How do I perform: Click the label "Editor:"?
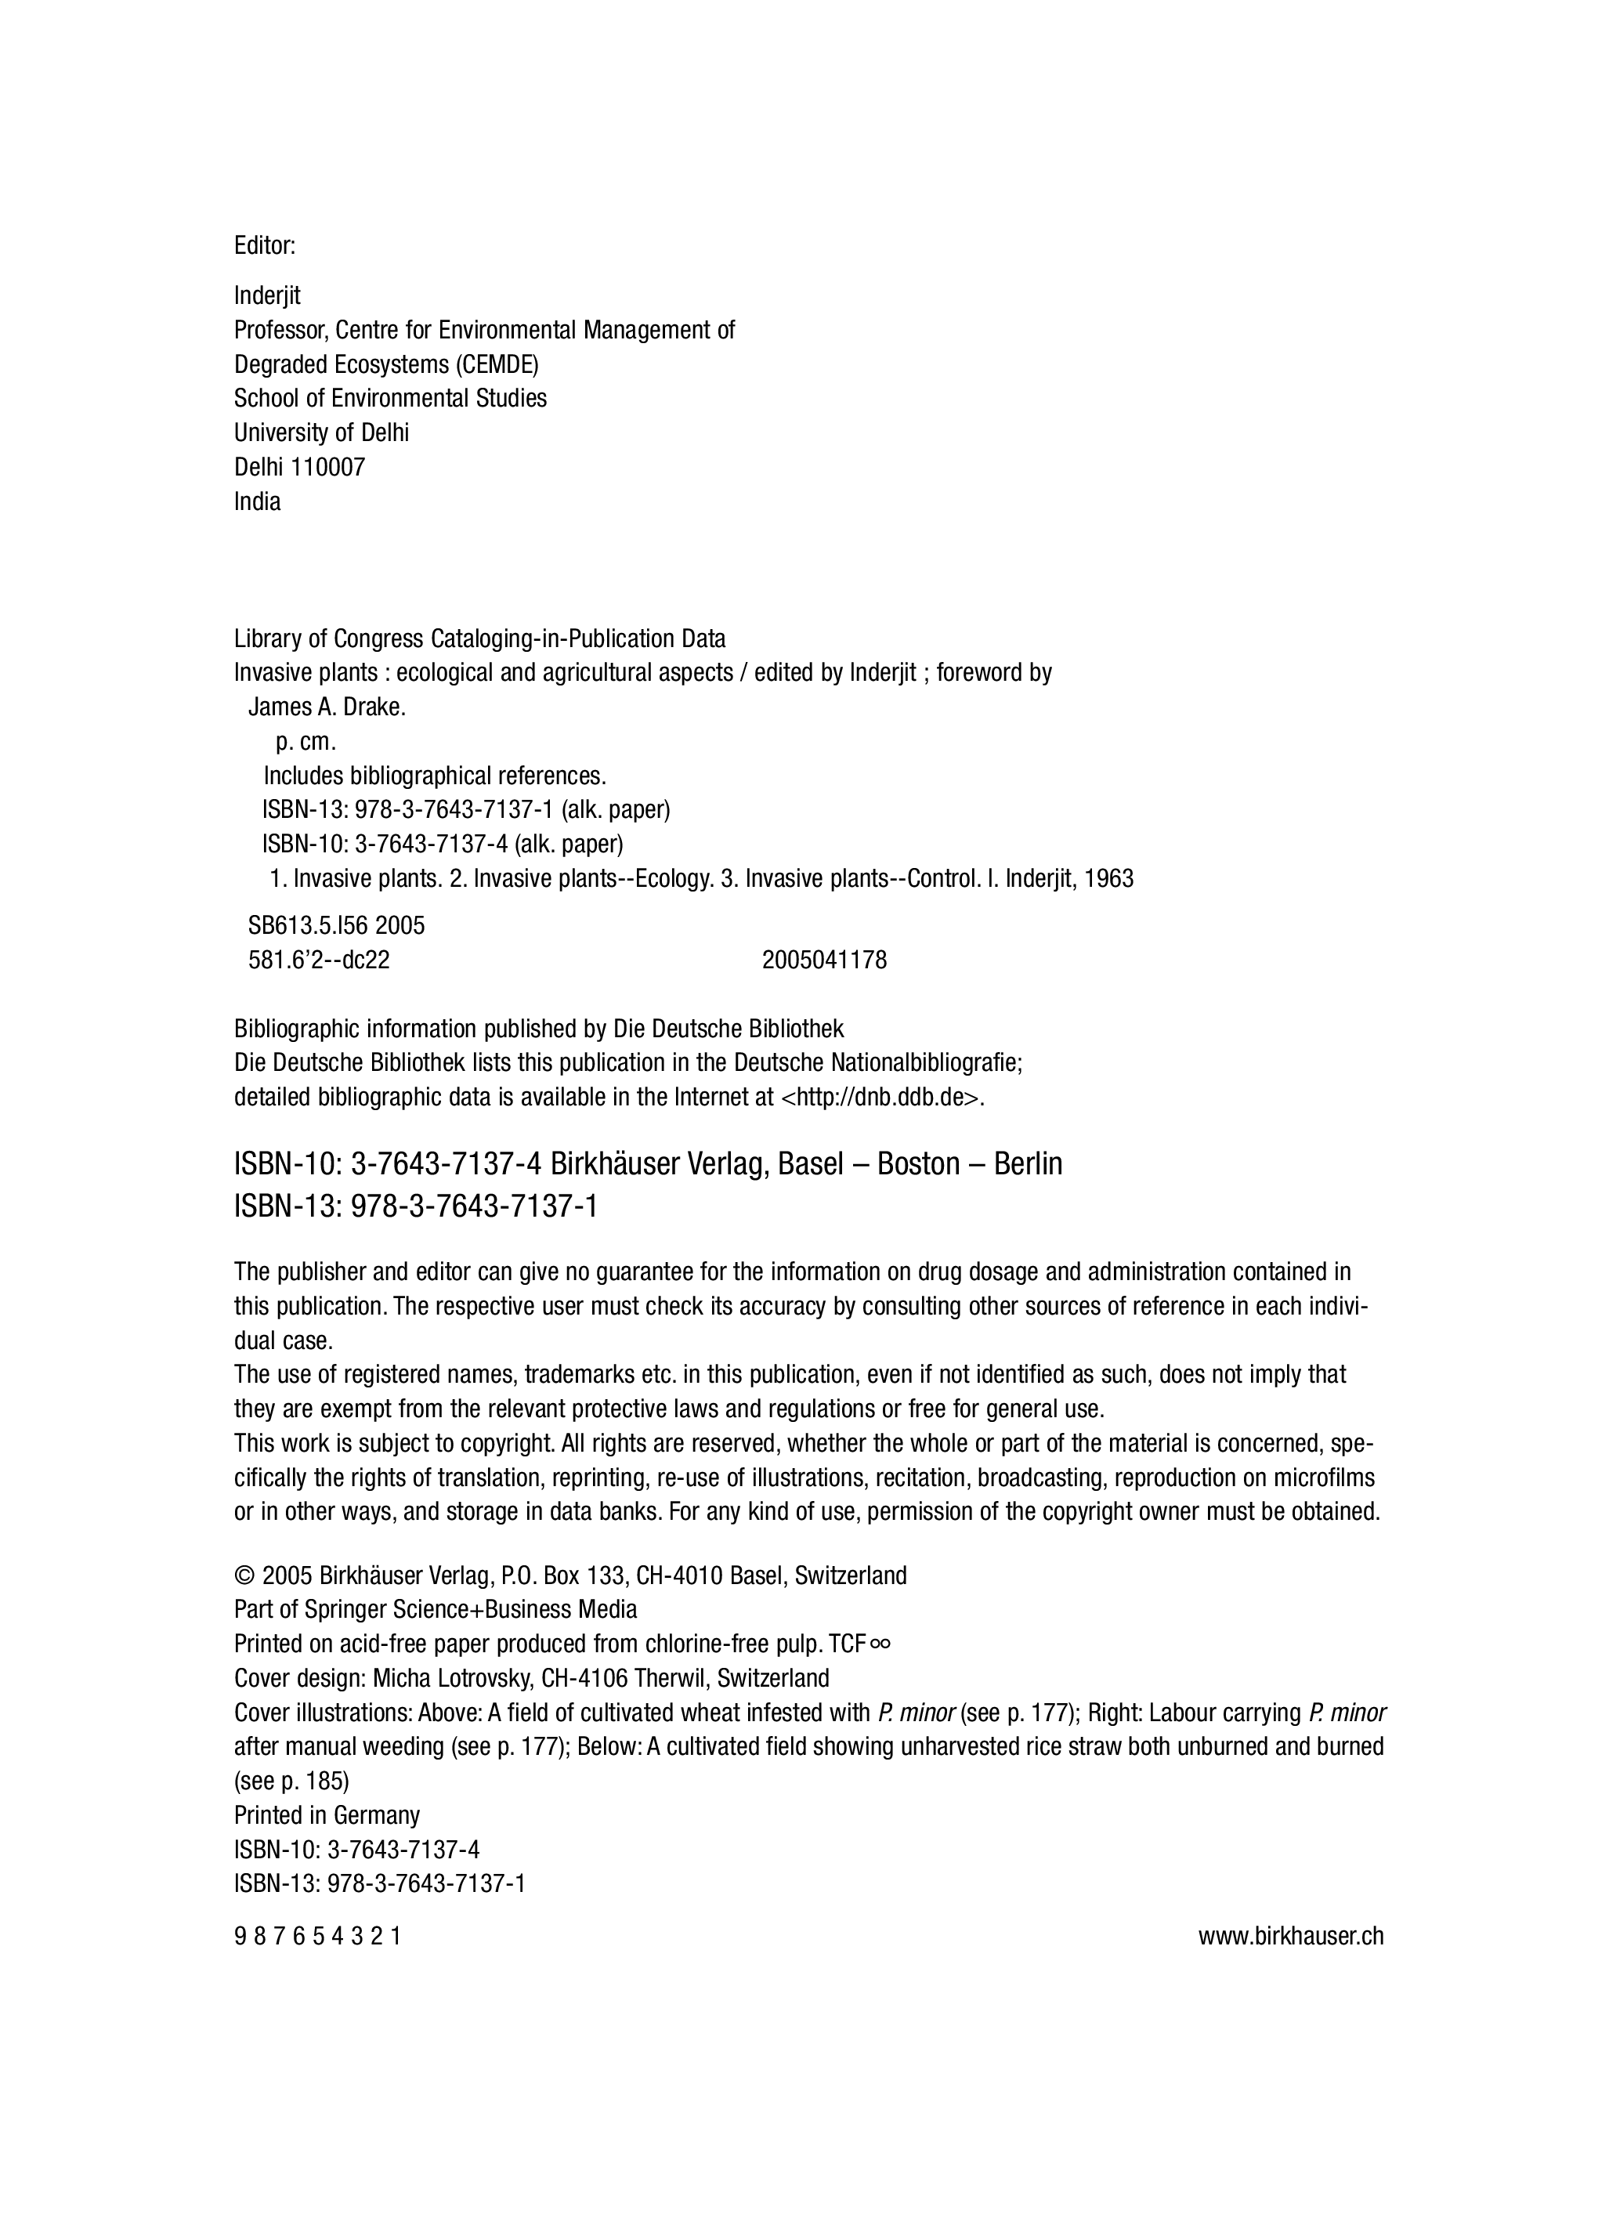coord(265,246)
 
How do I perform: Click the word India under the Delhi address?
coord(257,501)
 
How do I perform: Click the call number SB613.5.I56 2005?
coord(336,925)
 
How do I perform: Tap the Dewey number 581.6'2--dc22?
coord(318,960)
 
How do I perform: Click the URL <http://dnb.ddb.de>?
coord(880,1097)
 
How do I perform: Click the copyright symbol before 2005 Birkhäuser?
coord(244,1575)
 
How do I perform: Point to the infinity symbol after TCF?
coord(880,1644)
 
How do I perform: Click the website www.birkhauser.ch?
coord(1291,1936)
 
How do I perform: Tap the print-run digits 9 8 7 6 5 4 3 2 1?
coord(317,1936)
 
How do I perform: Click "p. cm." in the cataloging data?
coord(306,743)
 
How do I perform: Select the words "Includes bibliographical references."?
coord(435,776)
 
